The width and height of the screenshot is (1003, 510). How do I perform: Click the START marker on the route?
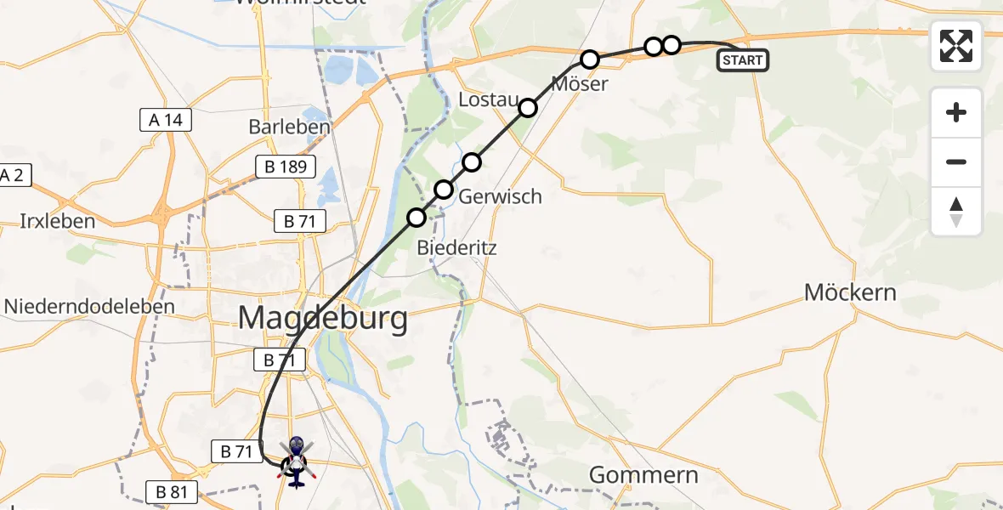(x=743, y=60)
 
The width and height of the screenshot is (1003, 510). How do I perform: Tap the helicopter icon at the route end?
(x=295, y=461)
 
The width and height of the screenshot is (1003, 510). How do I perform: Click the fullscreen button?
(x=956, y=46)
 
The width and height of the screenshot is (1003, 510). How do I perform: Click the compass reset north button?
(x=956, y=212)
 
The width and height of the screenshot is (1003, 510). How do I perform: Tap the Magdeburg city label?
(x=322, y=320)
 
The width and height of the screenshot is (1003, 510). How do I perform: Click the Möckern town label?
(x=850, y=292)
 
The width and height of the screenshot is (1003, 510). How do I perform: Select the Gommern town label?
(x=643, y=474)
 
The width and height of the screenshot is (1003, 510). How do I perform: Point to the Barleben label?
(x=289, y=127)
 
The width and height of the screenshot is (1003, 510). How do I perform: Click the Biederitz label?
(x=456, y=248)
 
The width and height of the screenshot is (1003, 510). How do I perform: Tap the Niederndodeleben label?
(x=89, y=306)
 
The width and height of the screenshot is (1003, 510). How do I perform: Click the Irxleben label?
(x=58, y=221)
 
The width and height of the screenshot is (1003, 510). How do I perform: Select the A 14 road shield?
(x=166, y=121)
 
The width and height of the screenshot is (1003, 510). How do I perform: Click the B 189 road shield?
(x=286, y=167)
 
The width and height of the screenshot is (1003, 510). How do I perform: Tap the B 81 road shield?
(x=173, y=491)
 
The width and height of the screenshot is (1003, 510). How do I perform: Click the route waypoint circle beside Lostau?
(x=528, y=107)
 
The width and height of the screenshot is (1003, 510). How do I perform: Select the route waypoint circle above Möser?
(x=590, y=59)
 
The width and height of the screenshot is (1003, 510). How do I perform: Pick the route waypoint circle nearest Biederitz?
(x=416, y=218)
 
